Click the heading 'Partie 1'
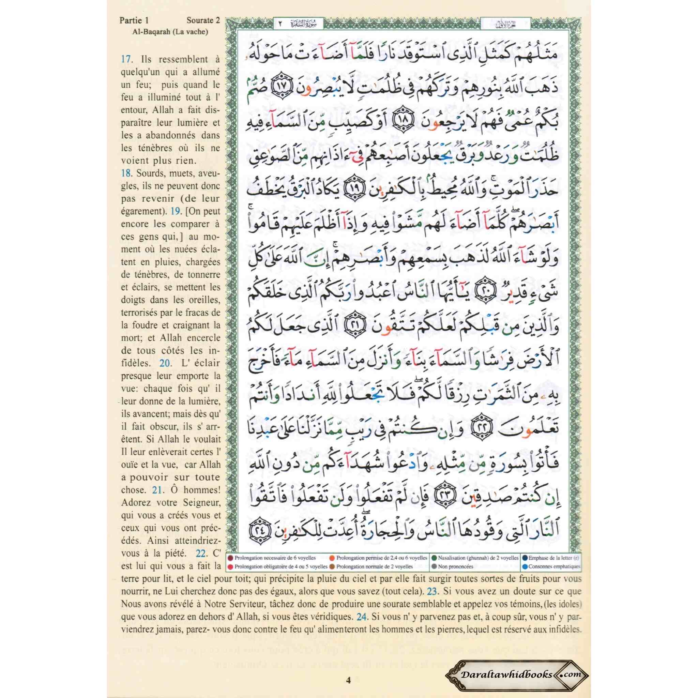click(x=134, y=20)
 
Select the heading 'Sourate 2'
click(x=203, y=20)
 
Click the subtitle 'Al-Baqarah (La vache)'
click(x=170, y=32)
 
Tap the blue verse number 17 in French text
click(x=126, y=59)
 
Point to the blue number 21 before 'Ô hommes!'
click(x=157, y=490)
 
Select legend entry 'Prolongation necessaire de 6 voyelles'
click(x=275, y=558)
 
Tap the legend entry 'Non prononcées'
click(x=455, y=566)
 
